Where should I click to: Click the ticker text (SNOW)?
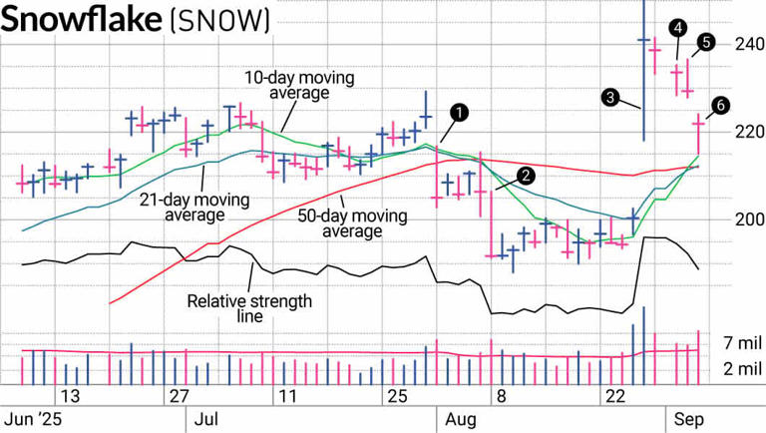pos(219,21)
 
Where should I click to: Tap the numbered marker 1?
pos(458,112)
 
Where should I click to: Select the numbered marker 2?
pos(526,175)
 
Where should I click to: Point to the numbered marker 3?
pos(610,97)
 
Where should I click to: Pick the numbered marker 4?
pos(677,26)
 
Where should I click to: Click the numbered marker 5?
pos(706,42)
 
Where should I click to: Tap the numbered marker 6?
pos(720,104)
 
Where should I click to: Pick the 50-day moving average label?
pos(340,221)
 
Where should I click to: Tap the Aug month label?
pos(457,419)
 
